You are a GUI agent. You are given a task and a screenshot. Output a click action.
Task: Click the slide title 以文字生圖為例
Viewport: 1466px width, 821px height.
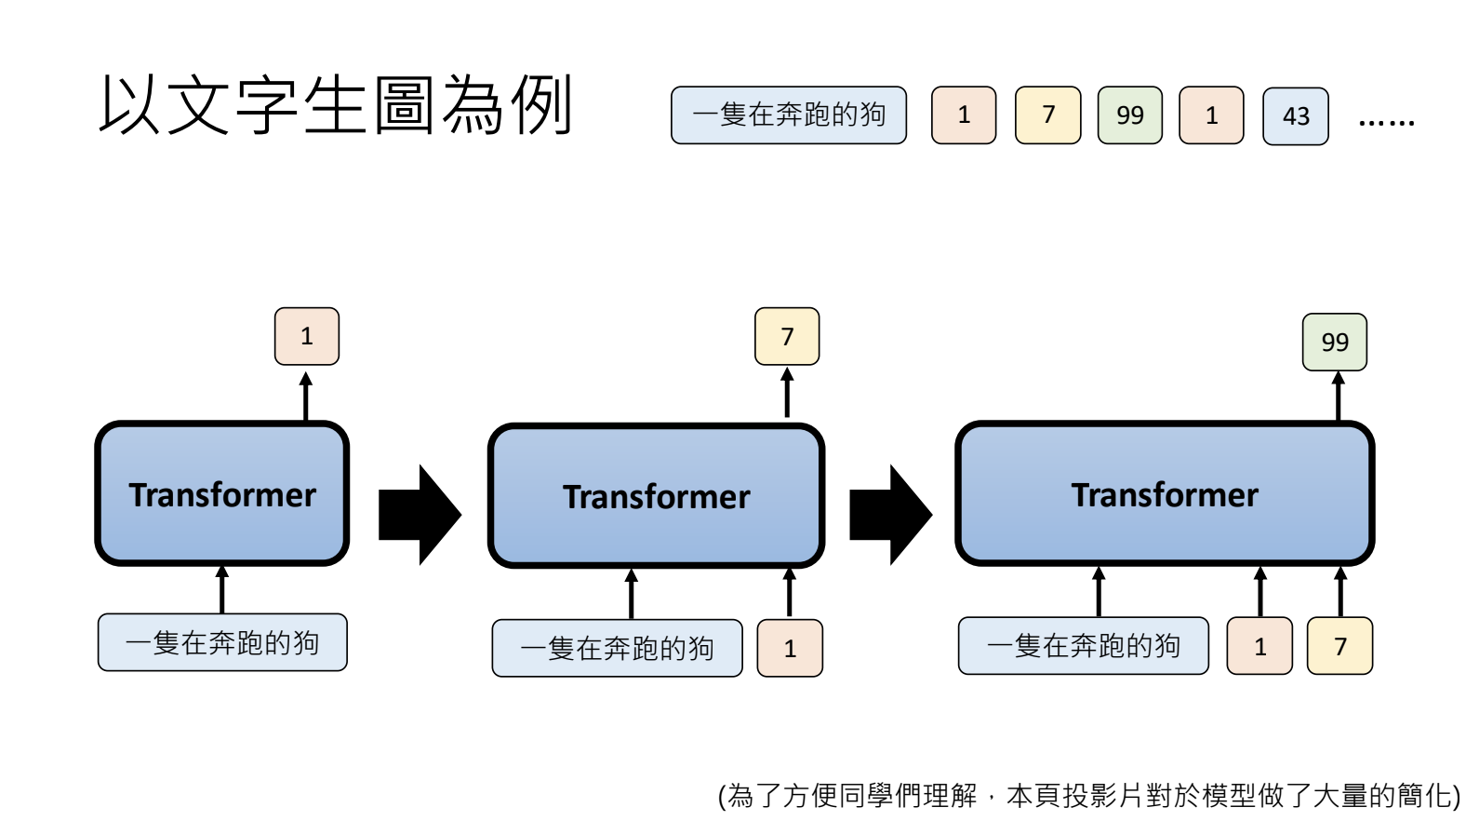point(335,104)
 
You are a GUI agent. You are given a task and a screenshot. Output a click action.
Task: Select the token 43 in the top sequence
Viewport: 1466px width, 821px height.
point(1295,116)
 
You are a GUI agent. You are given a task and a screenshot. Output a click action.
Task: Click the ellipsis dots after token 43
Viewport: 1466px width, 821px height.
point(1386,121)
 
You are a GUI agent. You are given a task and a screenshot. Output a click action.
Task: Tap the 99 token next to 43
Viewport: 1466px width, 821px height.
point(1129,115)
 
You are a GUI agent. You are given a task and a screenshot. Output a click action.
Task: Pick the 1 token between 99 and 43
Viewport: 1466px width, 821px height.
point(1211,115)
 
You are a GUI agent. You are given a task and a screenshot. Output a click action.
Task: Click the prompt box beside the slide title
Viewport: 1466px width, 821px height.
point(788,115)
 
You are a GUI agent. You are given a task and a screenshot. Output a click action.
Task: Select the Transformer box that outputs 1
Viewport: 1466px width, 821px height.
point(222,494)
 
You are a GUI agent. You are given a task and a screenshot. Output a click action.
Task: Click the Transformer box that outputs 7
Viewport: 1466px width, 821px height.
point(656,496)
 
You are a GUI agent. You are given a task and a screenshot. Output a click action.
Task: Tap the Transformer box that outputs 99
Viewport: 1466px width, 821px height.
point(1164,494)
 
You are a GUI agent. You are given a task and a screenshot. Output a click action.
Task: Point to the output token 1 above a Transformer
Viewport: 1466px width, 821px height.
point(307,336)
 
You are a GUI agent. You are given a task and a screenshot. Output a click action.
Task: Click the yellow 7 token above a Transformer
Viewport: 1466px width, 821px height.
point(787,336)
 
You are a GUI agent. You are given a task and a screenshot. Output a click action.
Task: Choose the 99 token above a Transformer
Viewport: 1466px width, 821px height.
point(1334,343)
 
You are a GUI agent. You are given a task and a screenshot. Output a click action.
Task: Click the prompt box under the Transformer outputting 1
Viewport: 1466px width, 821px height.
point(222,642)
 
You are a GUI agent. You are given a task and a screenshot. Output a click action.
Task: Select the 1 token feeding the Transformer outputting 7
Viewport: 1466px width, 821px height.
point(790,648)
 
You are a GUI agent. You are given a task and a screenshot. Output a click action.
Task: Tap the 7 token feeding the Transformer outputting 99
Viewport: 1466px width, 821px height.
point(1339,646)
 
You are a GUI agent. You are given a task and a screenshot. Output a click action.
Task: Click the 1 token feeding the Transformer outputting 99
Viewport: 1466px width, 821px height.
point(1259,646)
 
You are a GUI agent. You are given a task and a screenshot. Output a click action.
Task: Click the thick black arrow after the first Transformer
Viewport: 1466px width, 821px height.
point(420,515)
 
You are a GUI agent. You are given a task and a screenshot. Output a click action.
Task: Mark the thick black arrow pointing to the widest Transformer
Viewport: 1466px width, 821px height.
point(890,515)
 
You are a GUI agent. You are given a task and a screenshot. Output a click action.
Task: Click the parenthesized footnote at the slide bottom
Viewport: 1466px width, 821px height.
point(1088,796)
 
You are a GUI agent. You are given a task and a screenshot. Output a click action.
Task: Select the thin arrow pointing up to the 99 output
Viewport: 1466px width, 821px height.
point(1338,397)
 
